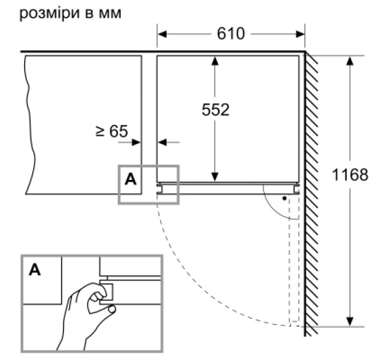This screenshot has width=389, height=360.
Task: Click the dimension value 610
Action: [231, 34]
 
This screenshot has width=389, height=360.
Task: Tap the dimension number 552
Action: [215, 110]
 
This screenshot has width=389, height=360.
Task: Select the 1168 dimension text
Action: [350, 174]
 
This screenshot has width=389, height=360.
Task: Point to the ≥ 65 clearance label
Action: [112, 131]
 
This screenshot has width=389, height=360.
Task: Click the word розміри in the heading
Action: [49, 14]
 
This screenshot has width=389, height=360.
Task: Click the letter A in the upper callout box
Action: [130, 179]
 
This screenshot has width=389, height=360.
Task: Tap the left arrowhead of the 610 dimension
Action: [162, 34]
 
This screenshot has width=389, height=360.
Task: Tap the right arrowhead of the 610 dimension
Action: [300, 34]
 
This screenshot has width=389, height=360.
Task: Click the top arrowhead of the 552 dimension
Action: [215, 61]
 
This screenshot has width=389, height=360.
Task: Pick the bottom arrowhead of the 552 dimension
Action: [215, 177]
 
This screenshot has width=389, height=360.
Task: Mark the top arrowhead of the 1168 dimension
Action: [350, 61]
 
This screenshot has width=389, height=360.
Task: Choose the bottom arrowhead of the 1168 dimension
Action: [350, 321]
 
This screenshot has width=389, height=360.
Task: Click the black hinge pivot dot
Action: [284, 198]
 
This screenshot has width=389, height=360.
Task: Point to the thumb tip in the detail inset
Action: [112, 309]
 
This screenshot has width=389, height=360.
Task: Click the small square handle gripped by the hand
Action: [106, 292]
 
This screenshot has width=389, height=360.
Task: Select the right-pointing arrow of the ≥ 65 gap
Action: [129, 142]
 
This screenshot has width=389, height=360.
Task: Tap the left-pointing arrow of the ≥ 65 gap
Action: [169, 142]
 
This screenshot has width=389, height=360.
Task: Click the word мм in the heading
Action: [110, 14]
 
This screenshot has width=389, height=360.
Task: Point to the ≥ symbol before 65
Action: [100, 131]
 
